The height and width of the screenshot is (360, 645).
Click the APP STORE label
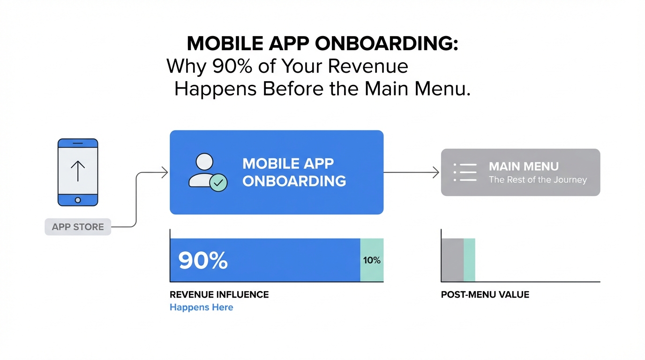point(78,227)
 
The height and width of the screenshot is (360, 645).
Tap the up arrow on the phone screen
point(78,171)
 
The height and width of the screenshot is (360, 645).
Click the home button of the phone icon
point(78,200)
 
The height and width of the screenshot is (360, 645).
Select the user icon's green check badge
point(218,182)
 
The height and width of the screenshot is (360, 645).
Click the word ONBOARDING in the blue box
point(294,181)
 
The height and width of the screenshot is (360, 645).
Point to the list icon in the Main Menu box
point(465,172)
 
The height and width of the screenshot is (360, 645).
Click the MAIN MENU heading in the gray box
point(524,166)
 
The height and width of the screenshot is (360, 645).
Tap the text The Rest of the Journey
point(538,180)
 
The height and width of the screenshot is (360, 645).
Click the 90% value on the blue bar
point(203,260)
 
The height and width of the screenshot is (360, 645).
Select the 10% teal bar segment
point(372,260)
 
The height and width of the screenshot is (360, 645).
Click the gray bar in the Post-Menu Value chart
point(453,260)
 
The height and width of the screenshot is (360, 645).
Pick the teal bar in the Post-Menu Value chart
point(469,260)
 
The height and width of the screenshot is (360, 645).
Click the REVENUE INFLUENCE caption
point(219,294)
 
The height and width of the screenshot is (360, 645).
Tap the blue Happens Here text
point(201,307)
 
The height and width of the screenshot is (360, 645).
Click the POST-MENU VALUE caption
point(485,294)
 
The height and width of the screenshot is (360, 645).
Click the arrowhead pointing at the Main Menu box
point(436,172)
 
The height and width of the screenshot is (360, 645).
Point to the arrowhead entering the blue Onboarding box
point(165,172)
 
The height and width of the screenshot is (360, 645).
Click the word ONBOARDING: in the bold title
point(386,44)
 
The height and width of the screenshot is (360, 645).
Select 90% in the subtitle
point(232,66)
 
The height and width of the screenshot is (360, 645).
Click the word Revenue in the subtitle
point(367,66)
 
